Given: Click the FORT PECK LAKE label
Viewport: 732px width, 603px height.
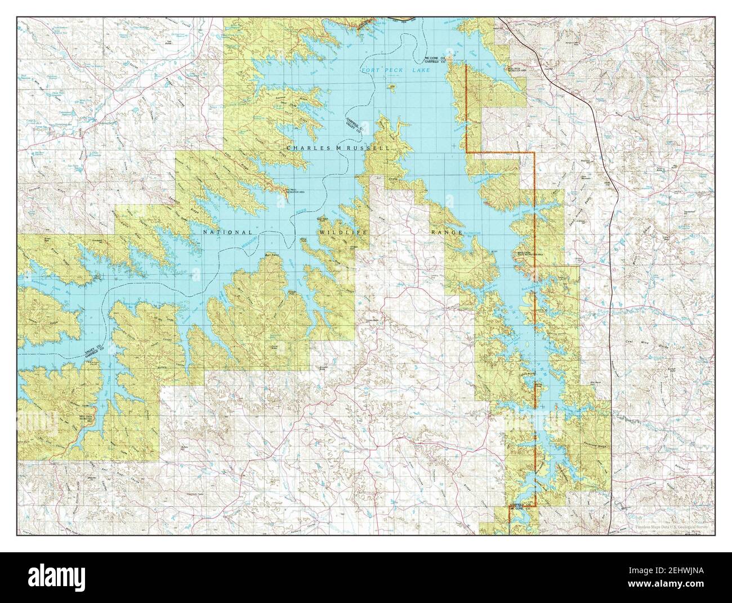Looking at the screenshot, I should coord(394,70).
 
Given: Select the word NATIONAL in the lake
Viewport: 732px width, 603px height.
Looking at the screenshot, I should coord(228,232).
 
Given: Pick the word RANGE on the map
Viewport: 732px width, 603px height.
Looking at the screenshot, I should coord(447,232).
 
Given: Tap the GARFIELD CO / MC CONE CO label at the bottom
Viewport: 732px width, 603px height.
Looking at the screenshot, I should coord(521,506).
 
